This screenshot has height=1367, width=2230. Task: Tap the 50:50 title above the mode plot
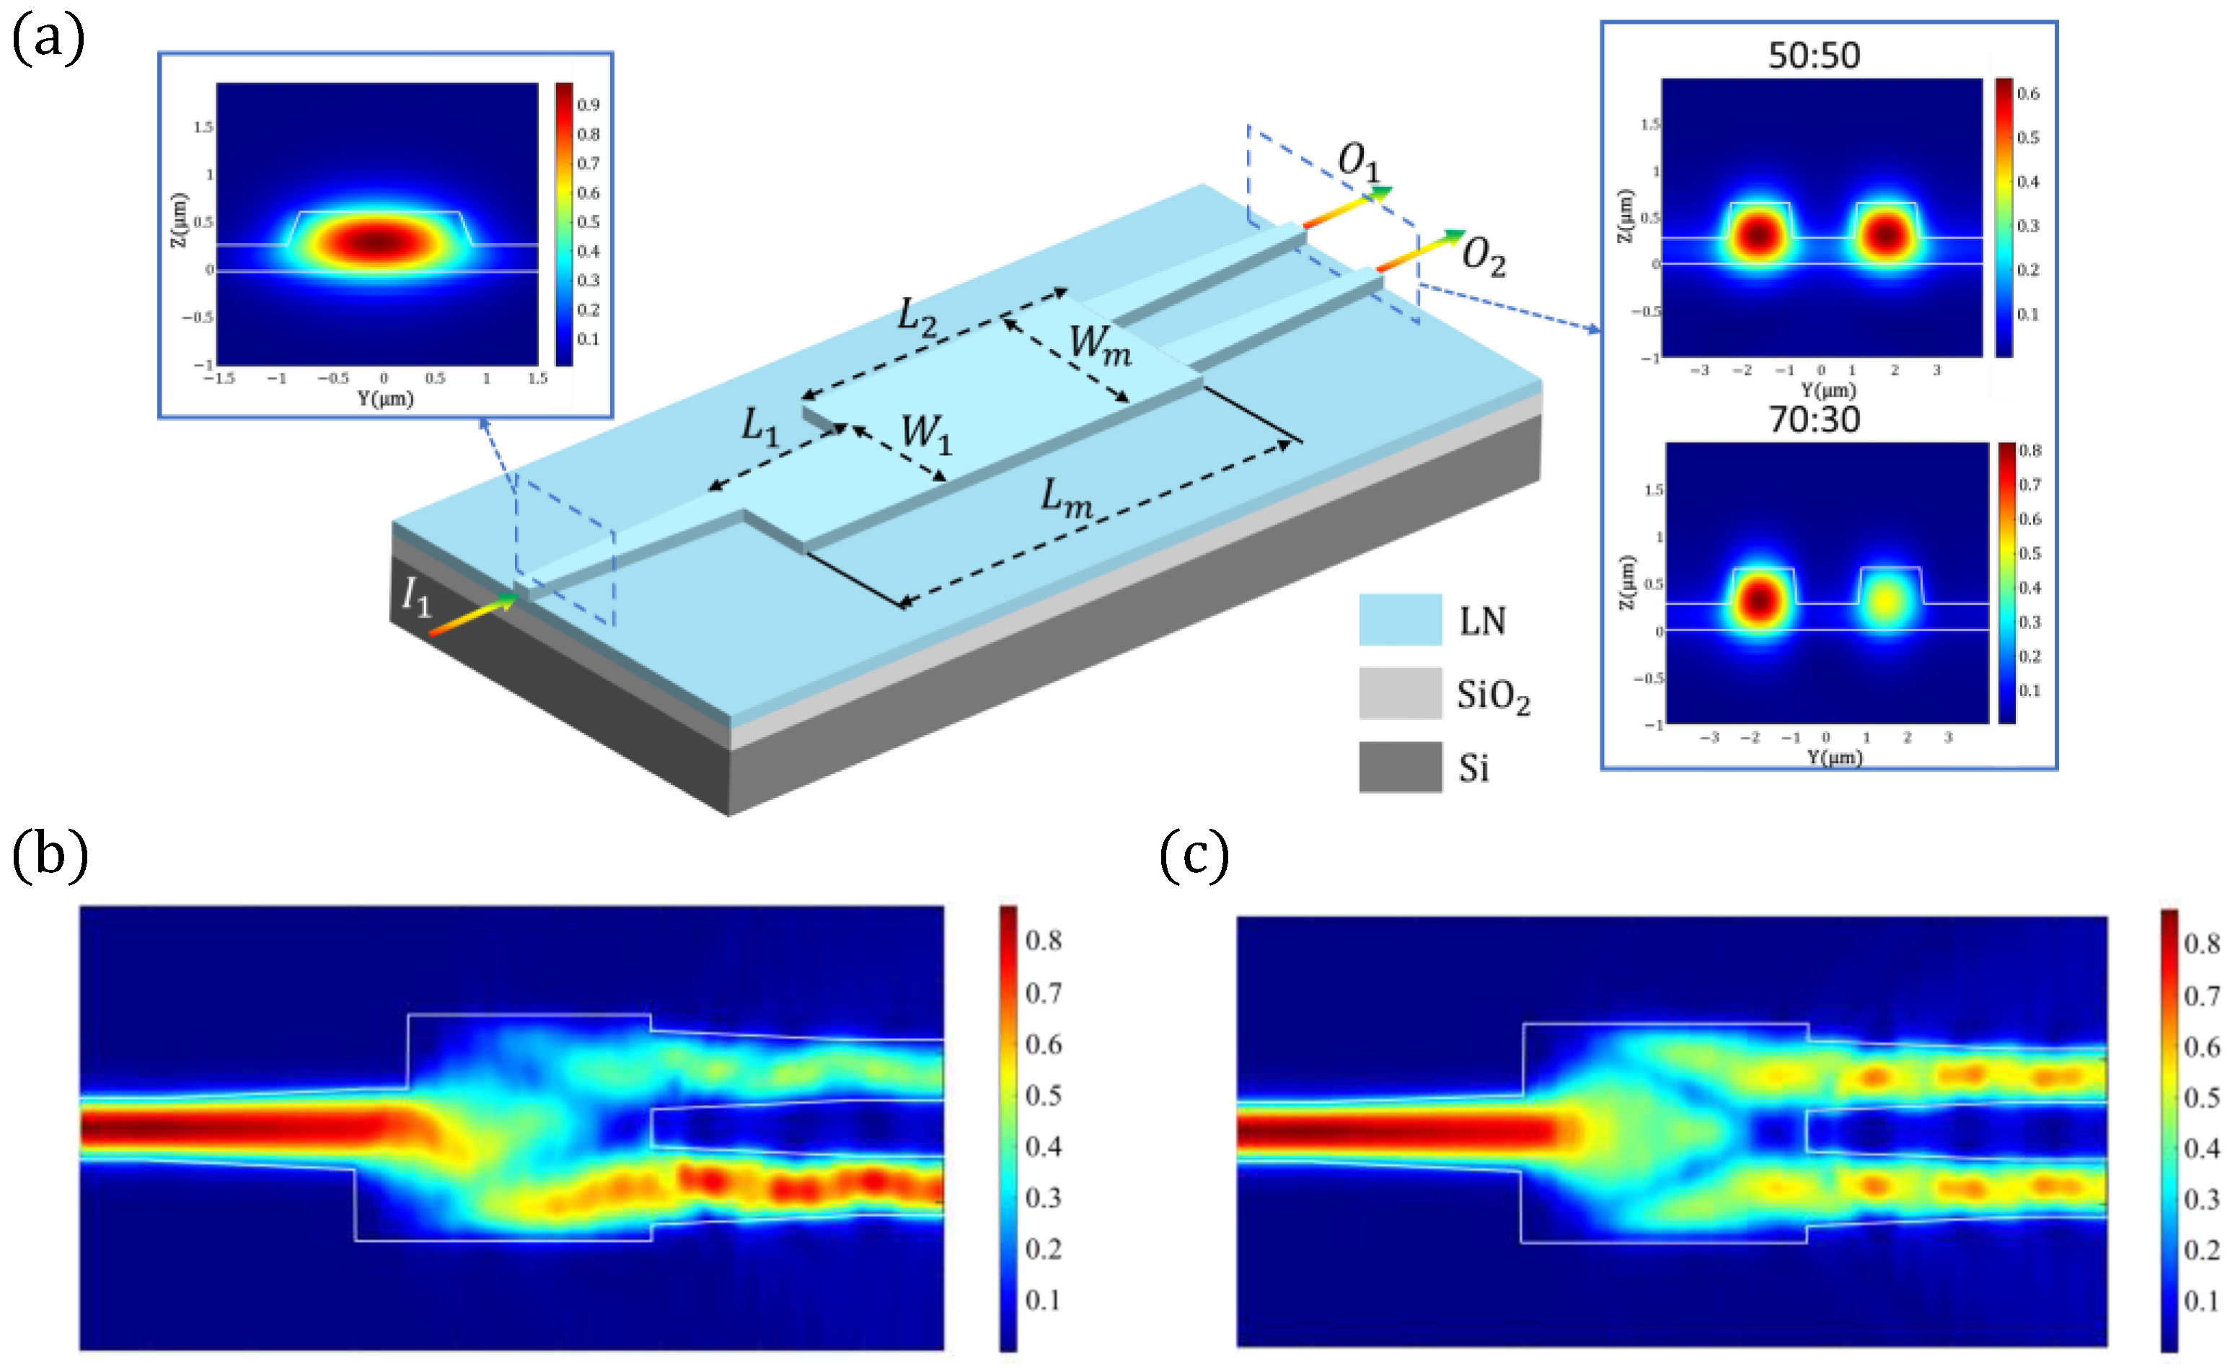1814,56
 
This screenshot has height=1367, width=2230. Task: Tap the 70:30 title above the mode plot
1814,420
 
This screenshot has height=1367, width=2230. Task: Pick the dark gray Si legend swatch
1399,767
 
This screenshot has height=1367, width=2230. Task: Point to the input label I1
416,597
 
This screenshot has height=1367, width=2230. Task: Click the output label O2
1484,256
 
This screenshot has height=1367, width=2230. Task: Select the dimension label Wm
1100,345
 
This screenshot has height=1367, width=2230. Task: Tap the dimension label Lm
1065,498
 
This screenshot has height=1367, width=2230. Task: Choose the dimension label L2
916,317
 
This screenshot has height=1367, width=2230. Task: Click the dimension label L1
759,426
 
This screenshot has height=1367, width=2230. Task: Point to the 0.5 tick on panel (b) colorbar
1043,1096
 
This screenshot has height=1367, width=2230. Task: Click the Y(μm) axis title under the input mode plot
384,398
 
